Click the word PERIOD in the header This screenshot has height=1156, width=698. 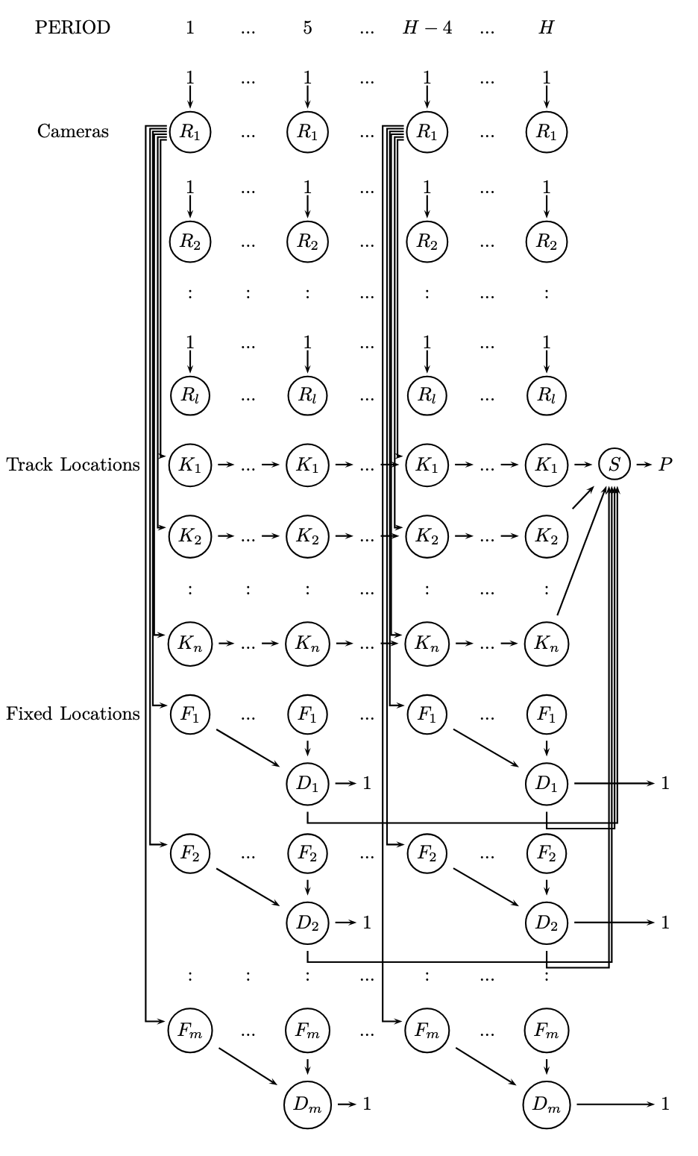(72, 28)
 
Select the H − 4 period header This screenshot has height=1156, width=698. (427, 28)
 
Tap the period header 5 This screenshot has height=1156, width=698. (307, 28)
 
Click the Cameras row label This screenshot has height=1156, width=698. (73, 131)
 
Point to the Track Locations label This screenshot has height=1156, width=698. (73, 465)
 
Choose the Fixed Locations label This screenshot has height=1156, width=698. (73, 714)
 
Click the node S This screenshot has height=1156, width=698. (614, 465)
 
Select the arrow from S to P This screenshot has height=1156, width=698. (643, 465)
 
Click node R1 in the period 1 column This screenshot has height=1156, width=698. (190, 132)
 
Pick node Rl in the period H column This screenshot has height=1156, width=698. (547, 395)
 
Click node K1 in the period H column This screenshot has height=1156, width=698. (547, 465)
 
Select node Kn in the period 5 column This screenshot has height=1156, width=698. (307, 642)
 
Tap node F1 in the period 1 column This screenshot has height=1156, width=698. (190, 714)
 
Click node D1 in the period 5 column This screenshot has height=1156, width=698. (307, 783)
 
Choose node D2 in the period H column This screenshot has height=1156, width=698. (547, 923)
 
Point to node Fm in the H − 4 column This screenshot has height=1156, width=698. (427, 1031)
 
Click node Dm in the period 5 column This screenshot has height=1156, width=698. (307, 1104)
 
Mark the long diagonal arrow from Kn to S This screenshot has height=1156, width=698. (580, 553)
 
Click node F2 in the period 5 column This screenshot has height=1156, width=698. (307, 852)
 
